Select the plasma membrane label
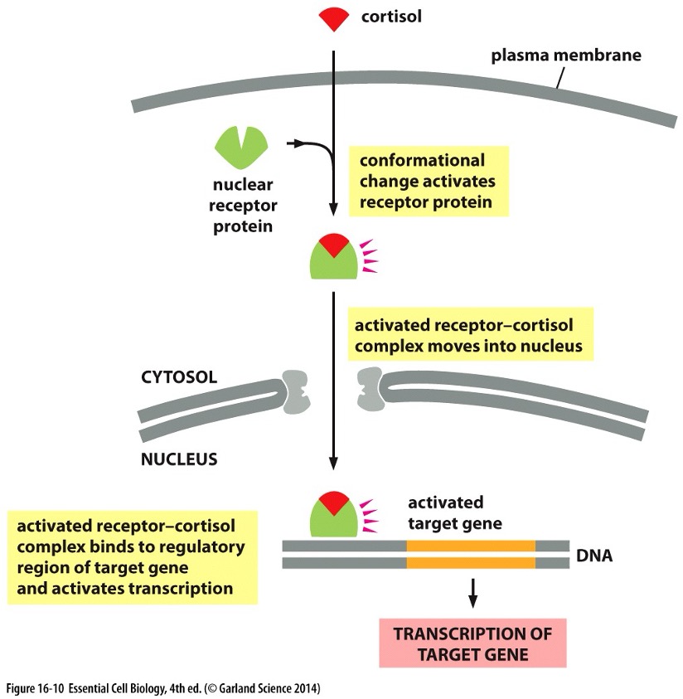click(566, 56)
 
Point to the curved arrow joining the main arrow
click(311, 148)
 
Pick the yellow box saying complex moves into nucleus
click(470, 335)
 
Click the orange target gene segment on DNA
click(471, 554)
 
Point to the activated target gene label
click(455, 512)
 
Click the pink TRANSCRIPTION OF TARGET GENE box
click(472, 643)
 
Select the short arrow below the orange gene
click(472, 590)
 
